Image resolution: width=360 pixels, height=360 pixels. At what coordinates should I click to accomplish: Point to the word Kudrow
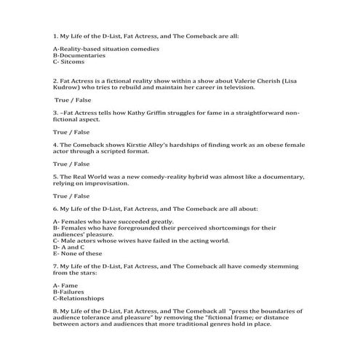click(x=69, y=87)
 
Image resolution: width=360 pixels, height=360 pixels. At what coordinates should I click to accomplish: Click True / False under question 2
click(x=72, y=100)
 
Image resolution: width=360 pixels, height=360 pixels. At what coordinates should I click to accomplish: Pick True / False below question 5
click(x=71, y=196)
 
